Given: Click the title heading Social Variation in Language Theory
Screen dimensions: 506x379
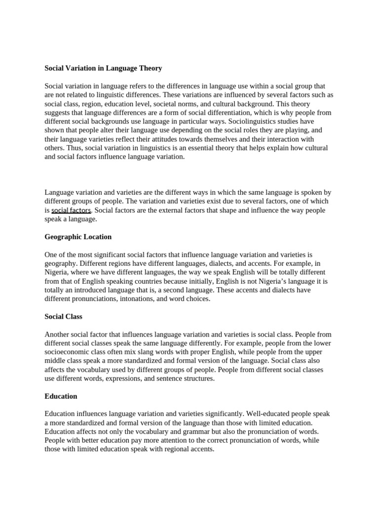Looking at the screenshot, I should (x=103, y=68).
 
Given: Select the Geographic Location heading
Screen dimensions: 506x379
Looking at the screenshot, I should (x=78, y=237).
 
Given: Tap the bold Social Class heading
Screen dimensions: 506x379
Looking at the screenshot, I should (x=64, y=316).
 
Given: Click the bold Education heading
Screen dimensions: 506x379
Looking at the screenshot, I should (x=61, y=396).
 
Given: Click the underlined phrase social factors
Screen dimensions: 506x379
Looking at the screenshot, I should (x=71, y=211).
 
